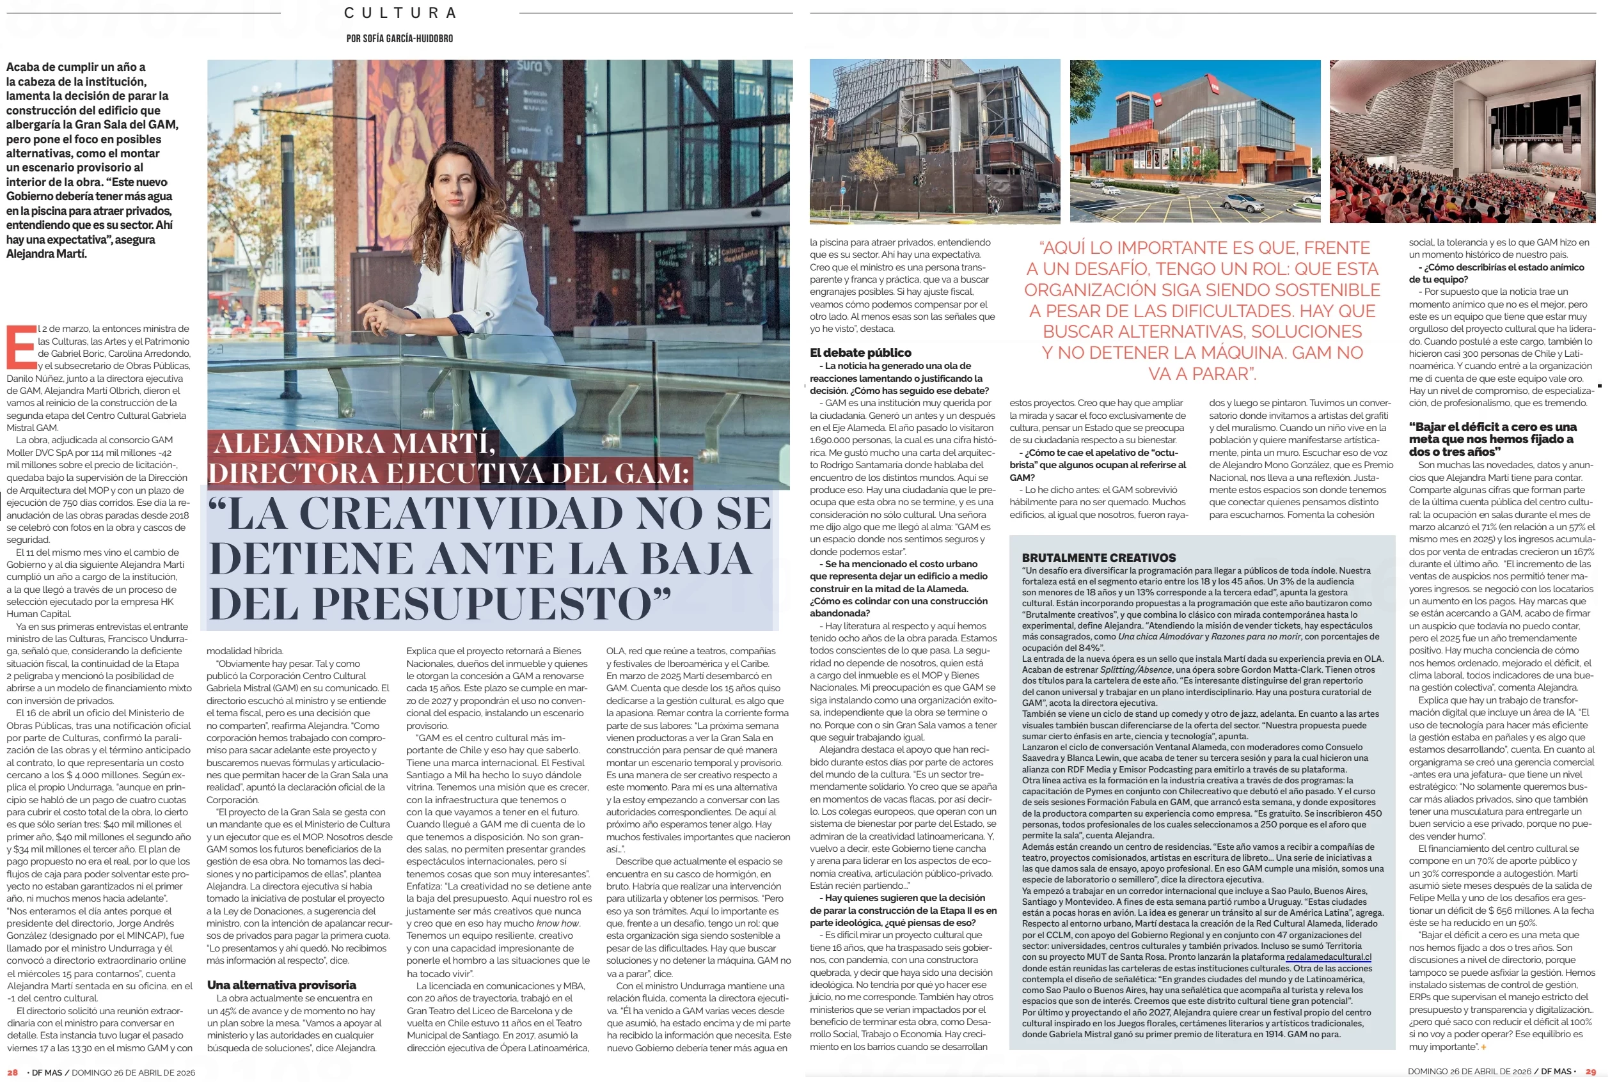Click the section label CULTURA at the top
[x=400, y=13]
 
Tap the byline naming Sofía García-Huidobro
[x=400, y=39]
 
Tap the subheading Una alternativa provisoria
[x=281, y=984]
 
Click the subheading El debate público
[x=860, y=352]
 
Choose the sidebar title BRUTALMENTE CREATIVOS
[x=1099, y=558]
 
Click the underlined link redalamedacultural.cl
[x=1328, y=957]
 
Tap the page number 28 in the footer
[x=12, y=1072]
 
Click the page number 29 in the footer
[x=1591, y=1072]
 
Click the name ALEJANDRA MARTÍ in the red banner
[x=354, y=443]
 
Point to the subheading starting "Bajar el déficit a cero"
[x=1492, y=439]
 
